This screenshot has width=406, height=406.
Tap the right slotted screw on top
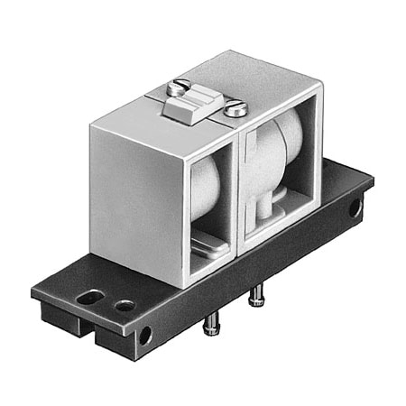click(x=237, y=108)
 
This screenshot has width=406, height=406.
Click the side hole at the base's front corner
click(x=145, y=336)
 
